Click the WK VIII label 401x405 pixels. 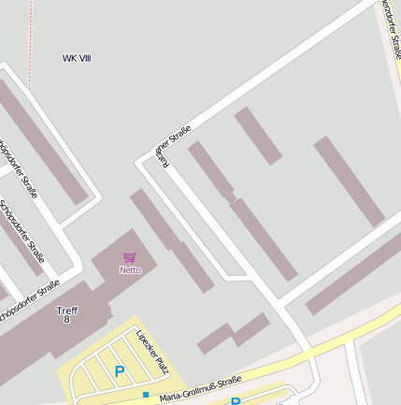[x=77, y=59]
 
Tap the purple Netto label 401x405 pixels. [x=130, y=270]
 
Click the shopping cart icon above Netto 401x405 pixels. [x=130, y=257]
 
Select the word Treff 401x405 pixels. [x=67, y=310]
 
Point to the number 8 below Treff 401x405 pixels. [x=67, y=320]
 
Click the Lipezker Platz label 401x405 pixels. [x=151, y=350]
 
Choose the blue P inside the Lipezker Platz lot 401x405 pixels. [x=120, y=371]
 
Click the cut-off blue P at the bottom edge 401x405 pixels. [x=236, y=401]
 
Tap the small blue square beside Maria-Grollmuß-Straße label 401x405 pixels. [x=146, y=395]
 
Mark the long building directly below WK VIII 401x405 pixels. [x=42, y=140]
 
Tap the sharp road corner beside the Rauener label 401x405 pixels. [x=142, y=163]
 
